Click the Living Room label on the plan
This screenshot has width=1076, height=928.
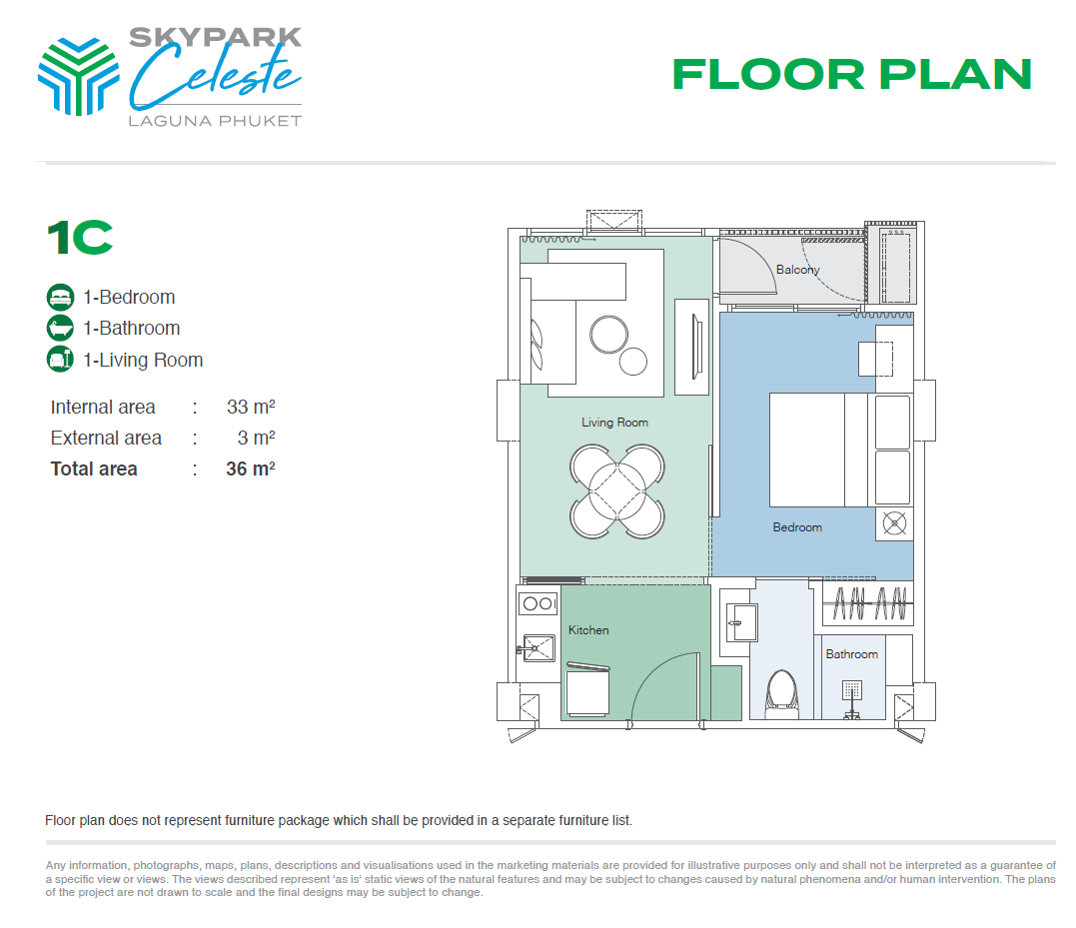click(x=614, y=423)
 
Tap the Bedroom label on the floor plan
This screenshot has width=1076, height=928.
click(x=797, y=527)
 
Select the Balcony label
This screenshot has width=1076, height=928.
click(x=797, y=270)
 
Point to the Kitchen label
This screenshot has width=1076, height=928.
click(x=588, y=630)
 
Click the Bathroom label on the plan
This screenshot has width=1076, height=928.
click(x=851, y=654)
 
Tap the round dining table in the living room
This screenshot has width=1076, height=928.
click(x=616, y=488)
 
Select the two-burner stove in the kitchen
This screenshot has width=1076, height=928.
click(x=538, y=602)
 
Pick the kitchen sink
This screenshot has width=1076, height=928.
click(x=537, y=648)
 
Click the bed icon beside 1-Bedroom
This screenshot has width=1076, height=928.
click(x=61, y=297)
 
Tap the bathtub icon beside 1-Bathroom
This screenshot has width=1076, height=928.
click(x=61, y=328)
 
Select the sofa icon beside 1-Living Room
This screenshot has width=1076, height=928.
click(x=61, y=360)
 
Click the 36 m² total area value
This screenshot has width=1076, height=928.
click(x=250, y=468)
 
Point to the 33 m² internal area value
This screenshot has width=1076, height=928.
click(x=251, y=407)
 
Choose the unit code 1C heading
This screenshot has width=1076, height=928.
click(x=80, y=238)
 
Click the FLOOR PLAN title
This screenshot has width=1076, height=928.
click(x=851, y=74)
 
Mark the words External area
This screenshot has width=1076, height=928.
click(x=106, y=438)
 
